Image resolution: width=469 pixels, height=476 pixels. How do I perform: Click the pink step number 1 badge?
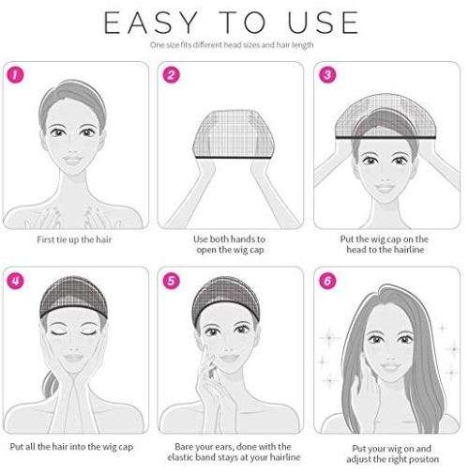pos(15,75)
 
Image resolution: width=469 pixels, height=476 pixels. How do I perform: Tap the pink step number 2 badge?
pos(172,75)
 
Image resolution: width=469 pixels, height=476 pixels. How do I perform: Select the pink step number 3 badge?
pos(327,75)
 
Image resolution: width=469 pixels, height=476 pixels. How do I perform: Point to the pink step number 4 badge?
pos(15,281)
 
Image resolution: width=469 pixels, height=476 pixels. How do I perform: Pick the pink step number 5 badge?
pos(172,281)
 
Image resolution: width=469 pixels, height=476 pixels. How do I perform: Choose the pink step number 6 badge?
pos(327,281)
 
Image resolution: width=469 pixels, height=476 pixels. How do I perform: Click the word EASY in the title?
pos(150,23)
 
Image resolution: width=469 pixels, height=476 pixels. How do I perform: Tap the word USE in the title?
pos(323,23)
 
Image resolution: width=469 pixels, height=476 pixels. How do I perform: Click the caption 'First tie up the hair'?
pos(74,239)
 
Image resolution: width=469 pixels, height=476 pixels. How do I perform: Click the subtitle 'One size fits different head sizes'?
pos(204,45)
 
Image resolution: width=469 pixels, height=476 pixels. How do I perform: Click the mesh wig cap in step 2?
pos(234,134)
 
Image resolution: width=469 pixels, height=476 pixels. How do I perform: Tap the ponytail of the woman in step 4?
pos(50,384)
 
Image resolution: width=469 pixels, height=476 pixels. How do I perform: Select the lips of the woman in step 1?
pos(72,161)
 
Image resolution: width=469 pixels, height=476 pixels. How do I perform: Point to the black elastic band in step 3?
pos(386,138)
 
